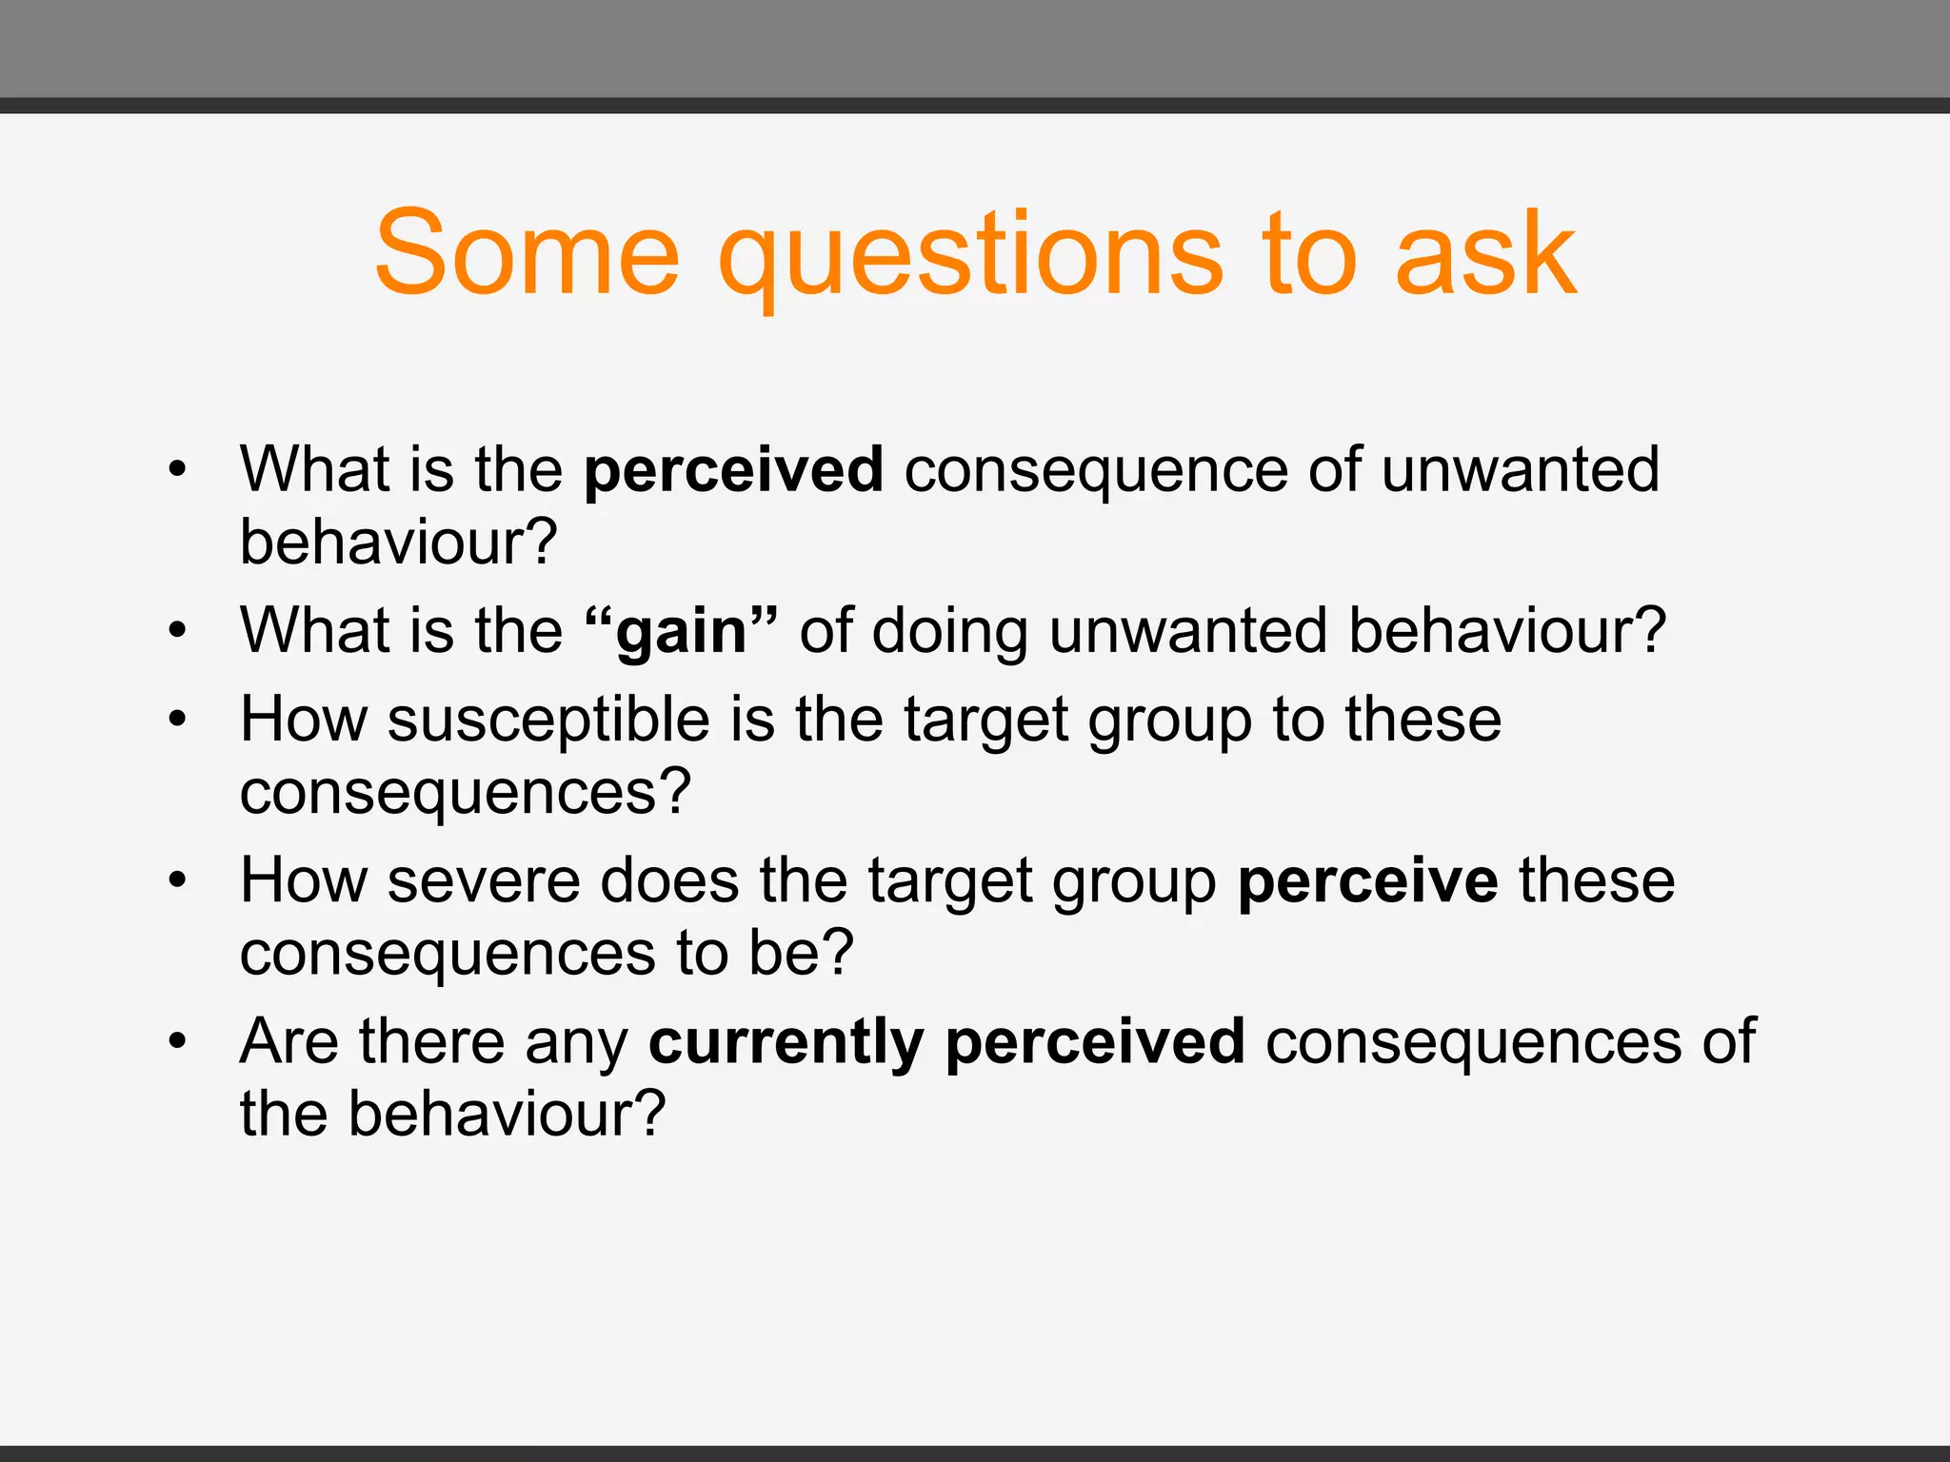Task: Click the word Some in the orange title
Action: click(527, 253)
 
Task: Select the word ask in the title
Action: click(1485, 253)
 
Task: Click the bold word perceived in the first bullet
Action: click(733, 470)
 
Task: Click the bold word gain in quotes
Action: click(682, 632)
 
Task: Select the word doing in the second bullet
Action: click(949, 632)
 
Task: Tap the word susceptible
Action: click(548, 720)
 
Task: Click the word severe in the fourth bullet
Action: click(484, 880)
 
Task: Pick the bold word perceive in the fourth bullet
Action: click(1367, 881)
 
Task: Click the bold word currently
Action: click(786, 1041)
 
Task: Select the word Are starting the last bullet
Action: click(289, 1041)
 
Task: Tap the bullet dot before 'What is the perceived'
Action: click(177, 469)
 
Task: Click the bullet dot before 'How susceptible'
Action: click(177, 720)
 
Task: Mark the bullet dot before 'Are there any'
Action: click(177, 1041)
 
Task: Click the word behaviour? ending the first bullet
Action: click(398, 543)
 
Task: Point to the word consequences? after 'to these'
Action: click(465, 792)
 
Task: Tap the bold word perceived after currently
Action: click(1095, 1041)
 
